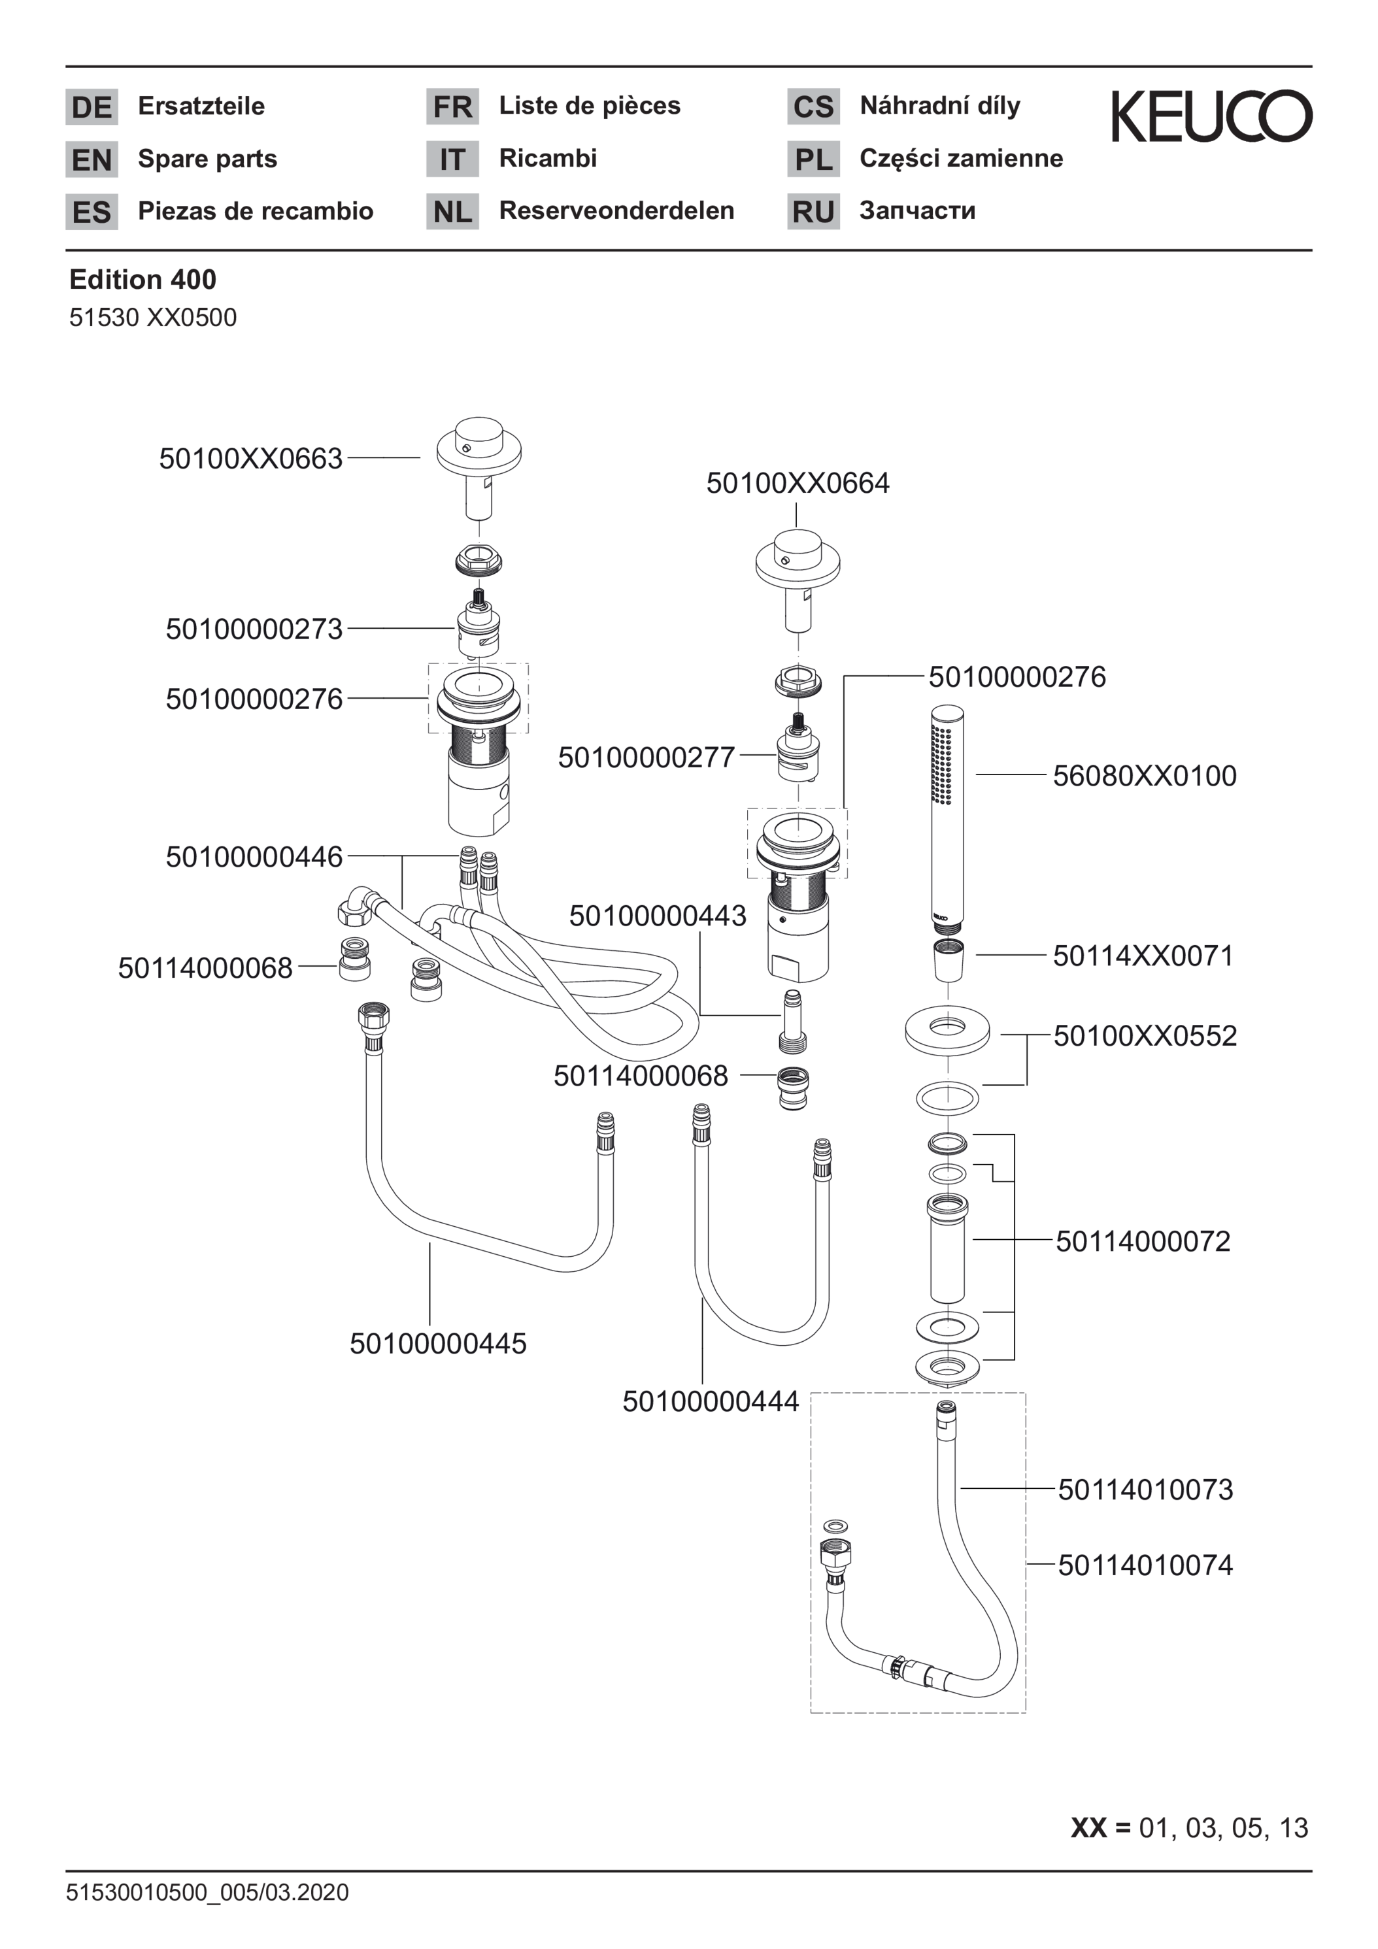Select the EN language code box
pos(92,159)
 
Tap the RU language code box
pos(813,211)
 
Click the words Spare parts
pos(208,159)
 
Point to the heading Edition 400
pos(143,279)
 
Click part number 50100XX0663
pos(251,458)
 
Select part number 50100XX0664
pos(798,483)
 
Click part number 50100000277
pos(646,758)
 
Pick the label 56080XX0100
pos(1145,775)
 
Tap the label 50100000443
pos(658,915)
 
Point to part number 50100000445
pos(438,1343)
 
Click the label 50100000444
pos(711,1401)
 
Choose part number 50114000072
pos(1143,1241)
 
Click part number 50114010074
pos(1145,1565)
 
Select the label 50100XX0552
pos(1145,1036)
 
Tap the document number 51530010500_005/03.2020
pos(208,1892)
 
